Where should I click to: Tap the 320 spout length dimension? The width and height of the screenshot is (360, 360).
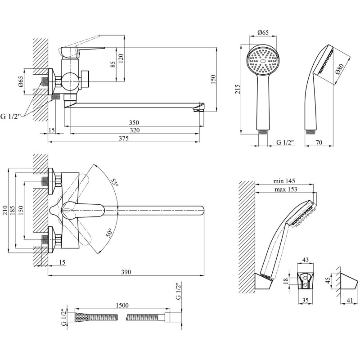(x=134, y=130)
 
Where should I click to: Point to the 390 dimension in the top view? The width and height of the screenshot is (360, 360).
(x=126, y=272)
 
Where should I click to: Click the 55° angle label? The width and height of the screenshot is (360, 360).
(x=115, y=183)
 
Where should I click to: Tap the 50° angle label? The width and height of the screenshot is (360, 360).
(x=110, y=234)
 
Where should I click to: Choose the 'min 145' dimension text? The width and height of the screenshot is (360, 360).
(x=287, y=181)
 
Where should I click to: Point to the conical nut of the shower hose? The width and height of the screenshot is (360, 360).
(x=81, y=317)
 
